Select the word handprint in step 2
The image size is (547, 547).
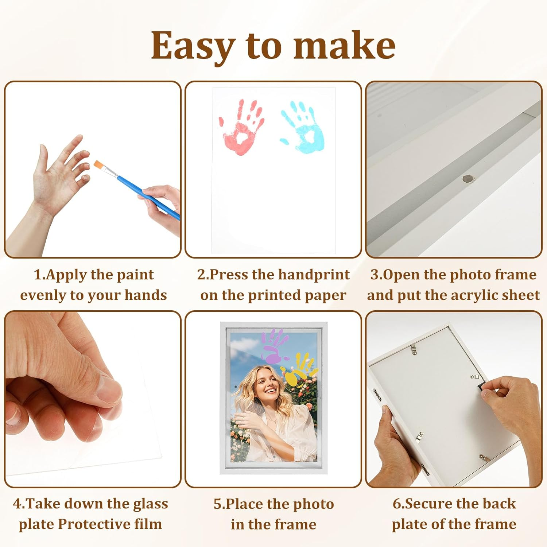pyautogui.click(x=314, y=275)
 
